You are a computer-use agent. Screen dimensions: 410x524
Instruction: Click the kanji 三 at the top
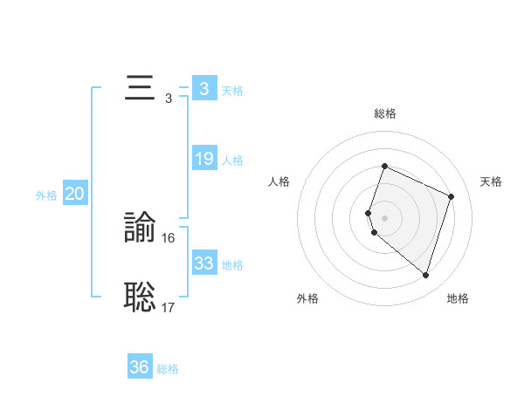(140, 89)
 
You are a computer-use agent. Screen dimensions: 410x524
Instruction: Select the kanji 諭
(140, 229)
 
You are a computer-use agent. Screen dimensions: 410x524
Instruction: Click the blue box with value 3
(203, 89)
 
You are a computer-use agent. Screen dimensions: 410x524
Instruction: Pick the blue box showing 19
(203, 160)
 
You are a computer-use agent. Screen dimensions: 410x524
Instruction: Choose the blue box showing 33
(203, 263)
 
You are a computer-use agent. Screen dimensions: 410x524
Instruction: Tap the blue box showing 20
(74, 195)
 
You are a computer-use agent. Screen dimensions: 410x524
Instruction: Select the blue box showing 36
(140, 367)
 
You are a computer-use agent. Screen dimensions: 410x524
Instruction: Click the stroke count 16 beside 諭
(169, 238)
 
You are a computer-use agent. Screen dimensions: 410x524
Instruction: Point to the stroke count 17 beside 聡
(169, 307)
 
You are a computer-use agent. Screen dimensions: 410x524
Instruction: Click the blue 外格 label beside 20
(46, 195)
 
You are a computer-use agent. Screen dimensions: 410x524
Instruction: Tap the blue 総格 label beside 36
(168, 369)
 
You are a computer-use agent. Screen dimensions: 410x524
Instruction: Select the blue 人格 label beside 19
(232, 161)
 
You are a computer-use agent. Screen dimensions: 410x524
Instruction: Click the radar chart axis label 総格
(384, 113)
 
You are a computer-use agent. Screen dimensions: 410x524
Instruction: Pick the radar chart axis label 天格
(491, 181)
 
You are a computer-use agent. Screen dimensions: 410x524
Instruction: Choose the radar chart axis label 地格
(458, 298)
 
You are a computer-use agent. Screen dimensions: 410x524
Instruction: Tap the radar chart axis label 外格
(307, 298)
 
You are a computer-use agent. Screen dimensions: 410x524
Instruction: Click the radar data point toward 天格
(452, 196)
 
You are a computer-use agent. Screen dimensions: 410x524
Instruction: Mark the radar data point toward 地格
(425, 275)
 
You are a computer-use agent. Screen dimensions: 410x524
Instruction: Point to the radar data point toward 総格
(384, 167)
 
